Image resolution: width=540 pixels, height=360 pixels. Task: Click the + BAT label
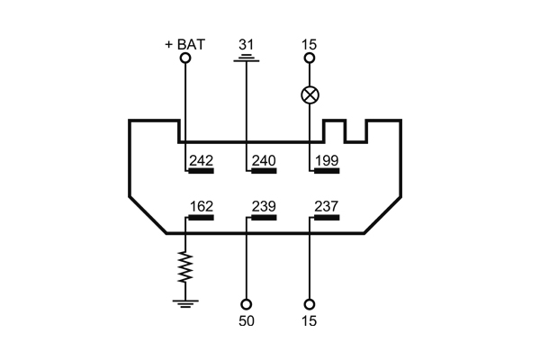click(x=186, y=42)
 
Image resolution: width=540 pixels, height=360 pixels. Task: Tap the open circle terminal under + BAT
click(x=186, y=58)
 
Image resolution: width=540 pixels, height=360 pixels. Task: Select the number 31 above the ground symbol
click(x=247, y=42)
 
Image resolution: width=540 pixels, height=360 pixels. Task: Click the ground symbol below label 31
click(x=247, y=59)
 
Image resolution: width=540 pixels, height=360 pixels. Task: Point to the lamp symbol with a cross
click(x=310, y=94)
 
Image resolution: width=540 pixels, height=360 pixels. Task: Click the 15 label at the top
click(x=310, y=42)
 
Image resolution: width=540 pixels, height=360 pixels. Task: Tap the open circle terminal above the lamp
click(x=310, y=58)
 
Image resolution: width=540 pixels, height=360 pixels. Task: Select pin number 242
click(x=202, y=160)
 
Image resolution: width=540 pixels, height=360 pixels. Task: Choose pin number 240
click(x=264, y=160)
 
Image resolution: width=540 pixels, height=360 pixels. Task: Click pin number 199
click(x=326, y=160)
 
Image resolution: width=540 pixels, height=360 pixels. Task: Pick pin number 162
click(x=202, y=206)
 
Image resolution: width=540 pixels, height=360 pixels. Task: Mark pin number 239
click(x=264, y=206)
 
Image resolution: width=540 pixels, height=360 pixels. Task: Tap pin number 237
click(x=326, y=206)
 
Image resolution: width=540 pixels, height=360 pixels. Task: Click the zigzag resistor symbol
click(x=186, y=267)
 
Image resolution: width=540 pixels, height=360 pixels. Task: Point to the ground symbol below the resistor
click(x=186, y=302)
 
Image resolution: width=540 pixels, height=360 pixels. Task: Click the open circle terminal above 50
click(x=247, y=304)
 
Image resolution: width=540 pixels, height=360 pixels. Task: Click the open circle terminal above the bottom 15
click(x=310, y=304)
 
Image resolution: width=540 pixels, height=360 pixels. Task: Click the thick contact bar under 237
click(x=326, y=217)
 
